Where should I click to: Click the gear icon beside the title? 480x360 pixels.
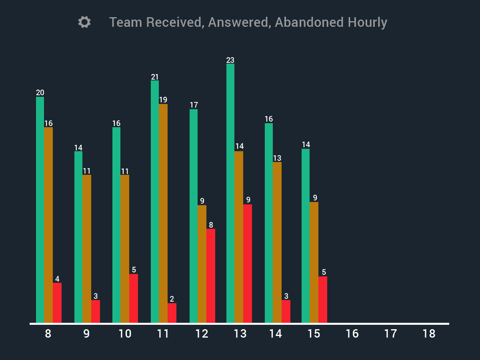tap(84, 22)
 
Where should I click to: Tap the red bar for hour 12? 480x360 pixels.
tap(211, 276)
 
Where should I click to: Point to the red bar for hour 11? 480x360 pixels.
tap(172, 313)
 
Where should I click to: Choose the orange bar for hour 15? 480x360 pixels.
tap(314, 262)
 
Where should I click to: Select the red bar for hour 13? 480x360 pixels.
tap(248, 264)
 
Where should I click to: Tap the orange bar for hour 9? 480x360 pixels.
tap(87, 248)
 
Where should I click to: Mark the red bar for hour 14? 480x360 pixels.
tap(286, 311)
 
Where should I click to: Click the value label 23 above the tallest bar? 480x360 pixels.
tap(230, 60)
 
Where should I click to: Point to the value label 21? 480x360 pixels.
tap(155, 77)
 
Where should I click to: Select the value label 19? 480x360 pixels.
tap(163, 100)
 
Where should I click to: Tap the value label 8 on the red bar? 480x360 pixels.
tap(211, 225)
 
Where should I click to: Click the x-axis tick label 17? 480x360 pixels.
tap(390, 334)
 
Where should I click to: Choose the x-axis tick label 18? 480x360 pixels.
tap(429, 334)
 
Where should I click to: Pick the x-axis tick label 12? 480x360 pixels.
tap(202, 334)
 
